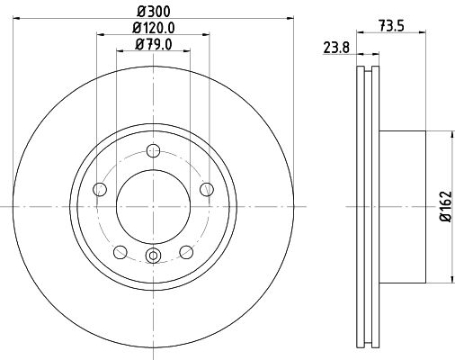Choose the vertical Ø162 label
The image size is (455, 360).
444,207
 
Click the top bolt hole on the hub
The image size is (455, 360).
153,150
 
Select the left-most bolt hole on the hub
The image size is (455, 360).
99,189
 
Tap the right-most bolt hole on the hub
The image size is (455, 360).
207,189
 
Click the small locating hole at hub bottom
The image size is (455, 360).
153,257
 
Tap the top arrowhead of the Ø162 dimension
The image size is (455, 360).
447,133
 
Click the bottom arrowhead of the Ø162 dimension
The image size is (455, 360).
447,280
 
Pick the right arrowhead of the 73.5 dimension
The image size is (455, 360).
422,35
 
